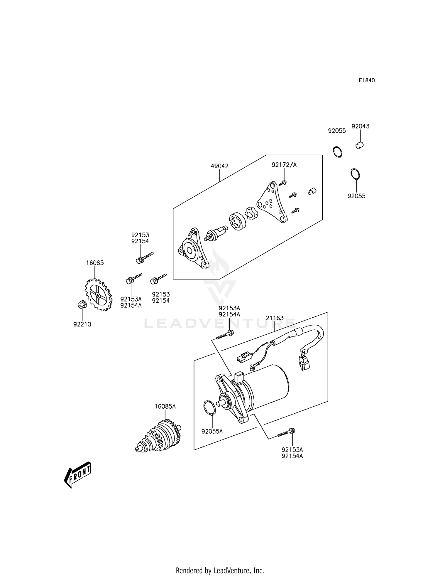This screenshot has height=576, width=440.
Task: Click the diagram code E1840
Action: pos(367,80)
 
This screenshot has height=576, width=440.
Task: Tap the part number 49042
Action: pos(219,166)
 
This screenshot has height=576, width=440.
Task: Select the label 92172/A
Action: pos(284,165)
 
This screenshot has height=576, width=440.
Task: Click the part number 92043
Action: pos(361,127)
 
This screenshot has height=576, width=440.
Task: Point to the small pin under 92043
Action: pos(360,145)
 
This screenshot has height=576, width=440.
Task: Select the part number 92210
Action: pos(82,324)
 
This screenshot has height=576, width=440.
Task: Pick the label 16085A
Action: pos(165,407)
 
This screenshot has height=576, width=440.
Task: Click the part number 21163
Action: pos(275,318)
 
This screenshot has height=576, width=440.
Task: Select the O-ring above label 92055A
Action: pos(209,408)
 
